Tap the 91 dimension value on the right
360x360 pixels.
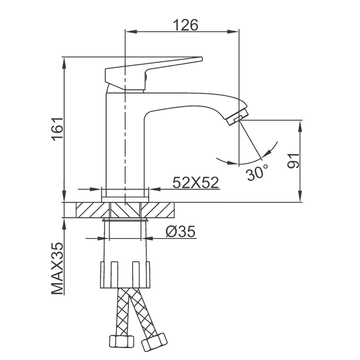click(x=293, y=160)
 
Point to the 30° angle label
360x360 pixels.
click(x=257, y=173)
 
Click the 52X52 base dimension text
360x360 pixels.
click(x=196, y=182)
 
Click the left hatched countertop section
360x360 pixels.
click(x=87, y=210)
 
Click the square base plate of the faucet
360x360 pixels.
click(x=125, y=194)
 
